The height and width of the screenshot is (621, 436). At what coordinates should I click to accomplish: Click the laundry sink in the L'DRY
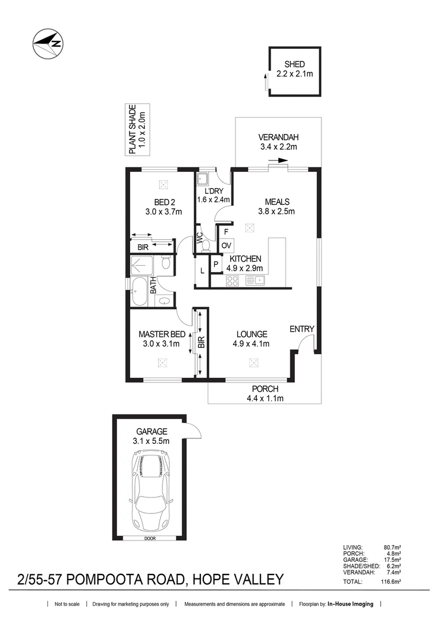(x=203, y=178)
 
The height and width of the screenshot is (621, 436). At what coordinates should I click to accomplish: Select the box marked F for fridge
(x=226, y=232)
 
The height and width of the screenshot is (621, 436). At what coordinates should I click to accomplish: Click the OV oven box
(x=226, y=246)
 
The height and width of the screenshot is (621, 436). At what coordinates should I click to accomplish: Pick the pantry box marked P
(x=215, y=264)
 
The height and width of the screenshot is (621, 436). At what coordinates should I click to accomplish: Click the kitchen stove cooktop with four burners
(x=233, y=281)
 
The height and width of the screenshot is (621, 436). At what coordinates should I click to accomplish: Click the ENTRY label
(x=302, y=329)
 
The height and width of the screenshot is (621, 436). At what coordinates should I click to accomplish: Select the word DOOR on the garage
(x=151, y=539)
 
